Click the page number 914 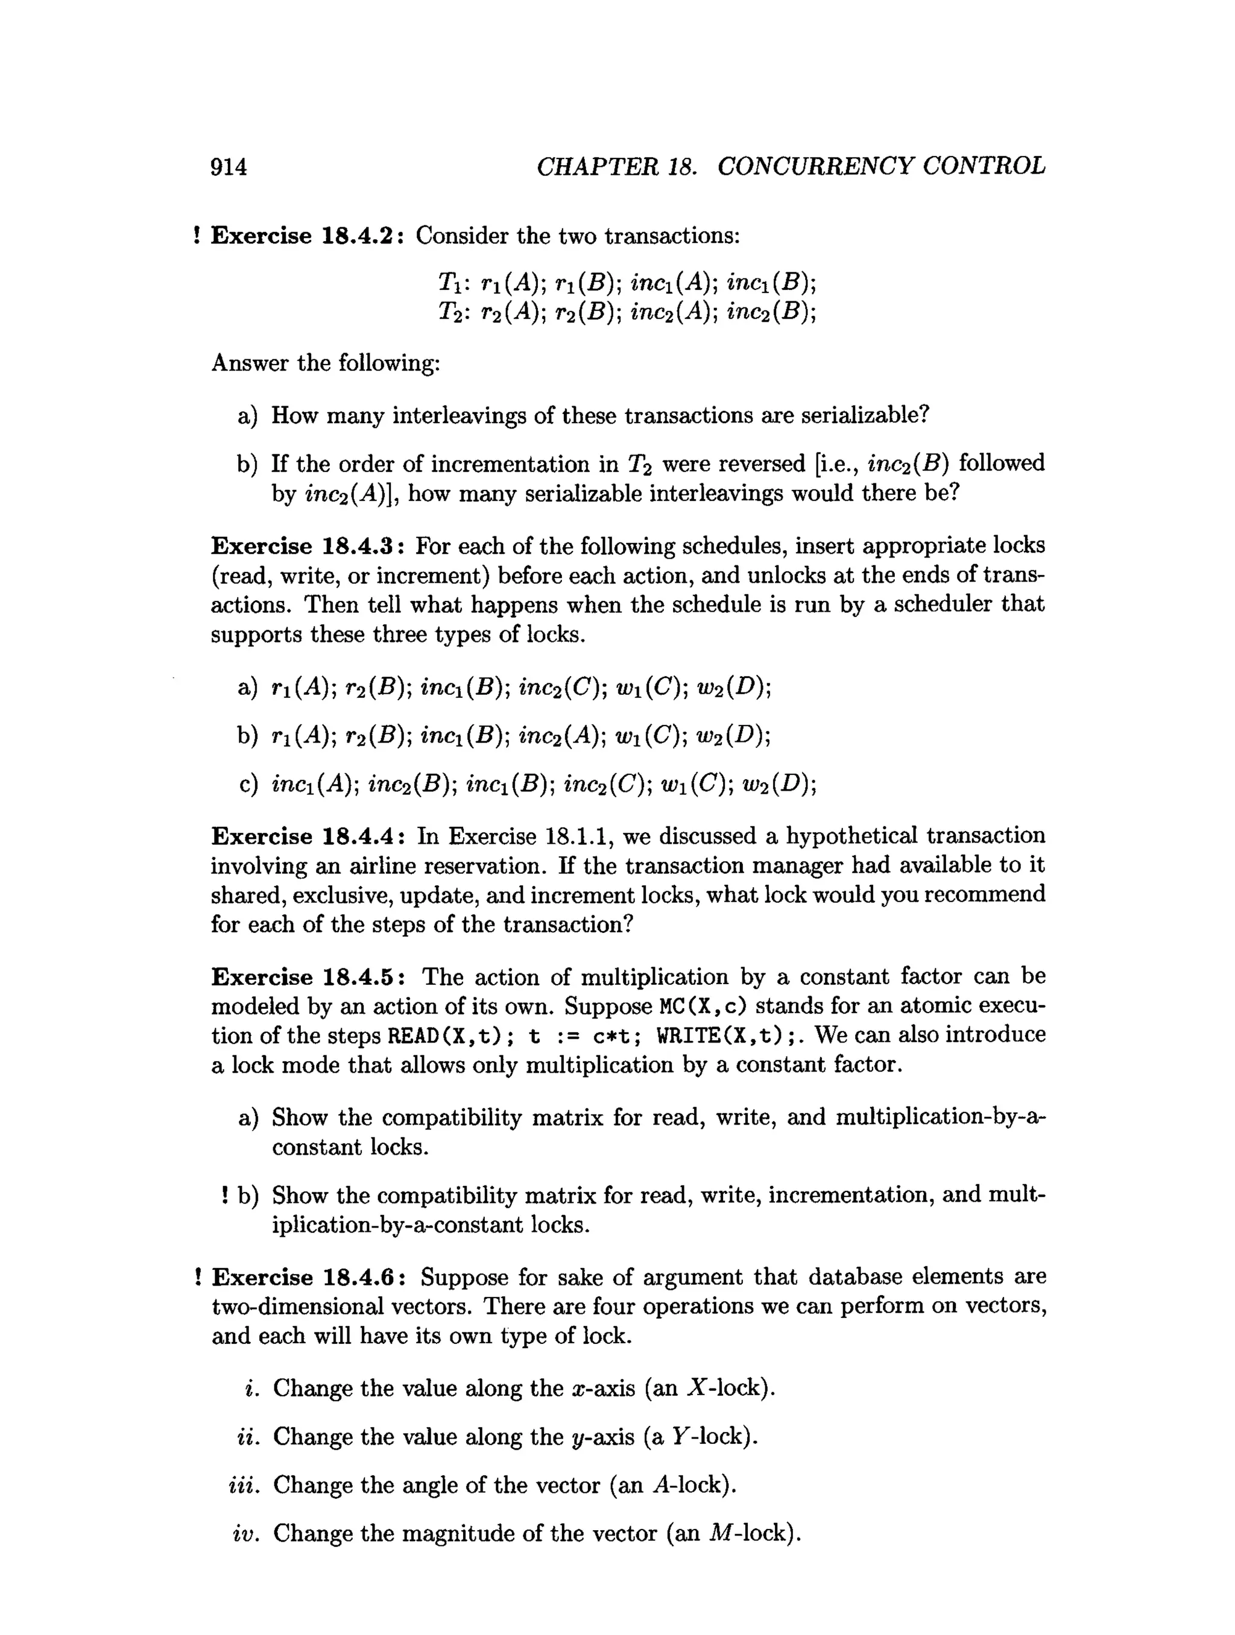point(229,167)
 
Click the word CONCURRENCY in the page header point(815,166)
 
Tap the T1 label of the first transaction point(450,283)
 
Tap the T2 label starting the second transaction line point(450,312)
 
